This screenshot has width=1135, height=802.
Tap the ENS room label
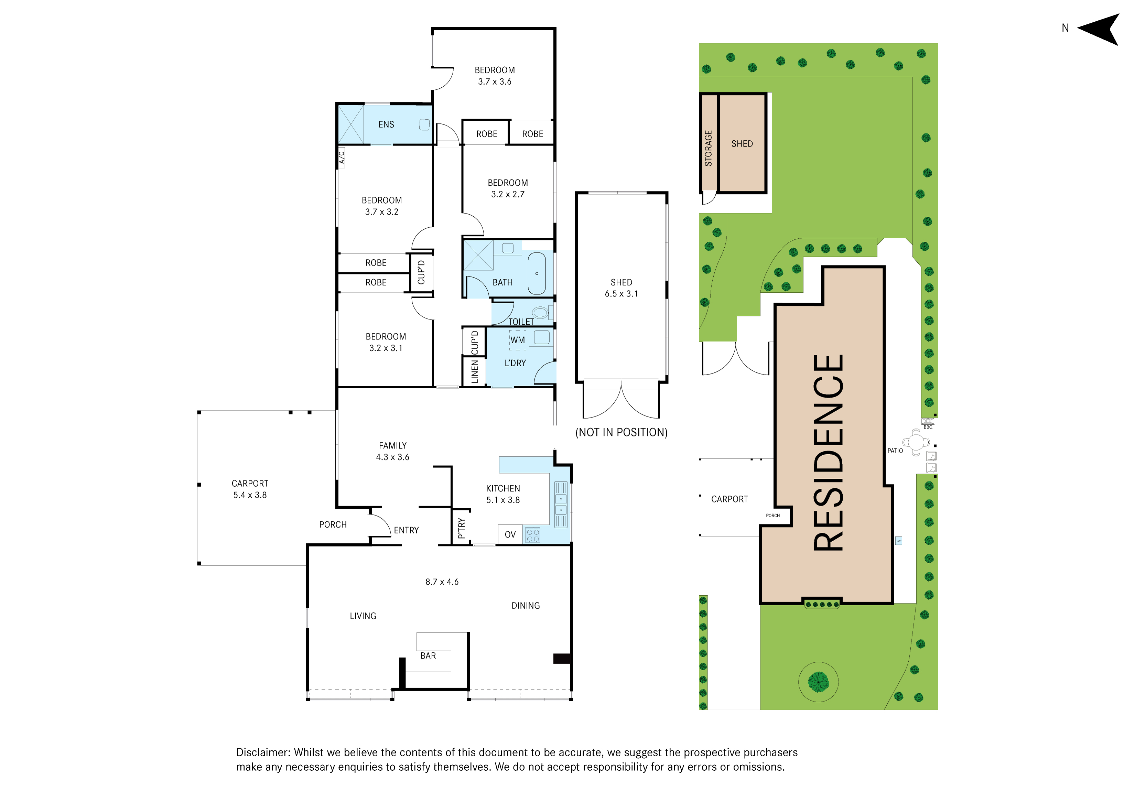386,124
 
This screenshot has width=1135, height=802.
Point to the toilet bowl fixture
540,312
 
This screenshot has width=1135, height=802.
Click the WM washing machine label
518,340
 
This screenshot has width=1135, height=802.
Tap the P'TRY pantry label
461,528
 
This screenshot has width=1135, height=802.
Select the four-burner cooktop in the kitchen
533,535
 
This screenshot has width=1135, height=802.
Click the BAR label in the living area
428,656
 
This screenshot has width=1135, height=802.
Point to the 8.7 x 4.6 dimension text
442,582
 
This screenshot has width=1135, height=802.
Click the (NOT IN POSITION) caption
621,432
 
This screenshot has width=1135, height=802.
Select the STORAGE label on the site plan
709,148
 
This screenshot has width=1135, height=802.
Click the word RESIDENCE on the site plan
829,453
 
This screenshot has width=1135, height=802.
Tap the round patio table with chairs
916,441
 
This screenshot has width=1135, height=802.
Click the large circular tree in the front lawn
818,682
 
